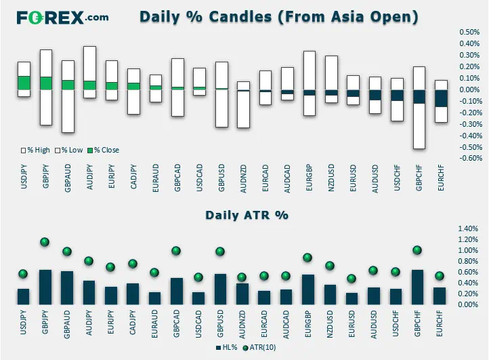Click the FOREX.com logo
[x=62, y=18]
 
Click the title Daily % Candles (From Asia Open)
[x=279, y=17]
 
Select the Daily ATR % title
[x=247, y=215]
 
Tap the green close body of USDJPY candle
[x=24, y=83]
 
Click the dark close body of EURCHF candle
[x=442, y=98]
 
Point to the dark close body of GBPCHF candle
[x=419, y=97]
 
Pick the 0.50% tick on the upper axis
[x=469, y=32]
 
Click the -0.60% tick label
[x=469, y=158]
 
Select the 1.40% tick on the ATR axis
[x=468, y=228]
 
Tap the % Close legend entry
[x=103, y=151]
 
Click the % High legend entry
[x=35, y=151]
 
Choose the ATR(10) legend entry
[x=259, y=348]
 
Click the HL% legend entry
[x=227, y=348]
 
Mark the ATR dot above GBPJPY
[x=45, y=241]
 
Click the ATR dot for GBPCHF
[x=417, y=250]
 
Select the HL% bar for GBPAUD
[x=67, y=288]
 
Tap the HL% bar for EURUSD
[x=352, y=299]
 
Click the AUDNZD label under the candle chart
[x=243, y=178]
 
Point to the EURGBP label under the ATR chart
[x=307, y=324]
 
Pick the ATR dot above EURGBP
[x=307, y=258]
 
